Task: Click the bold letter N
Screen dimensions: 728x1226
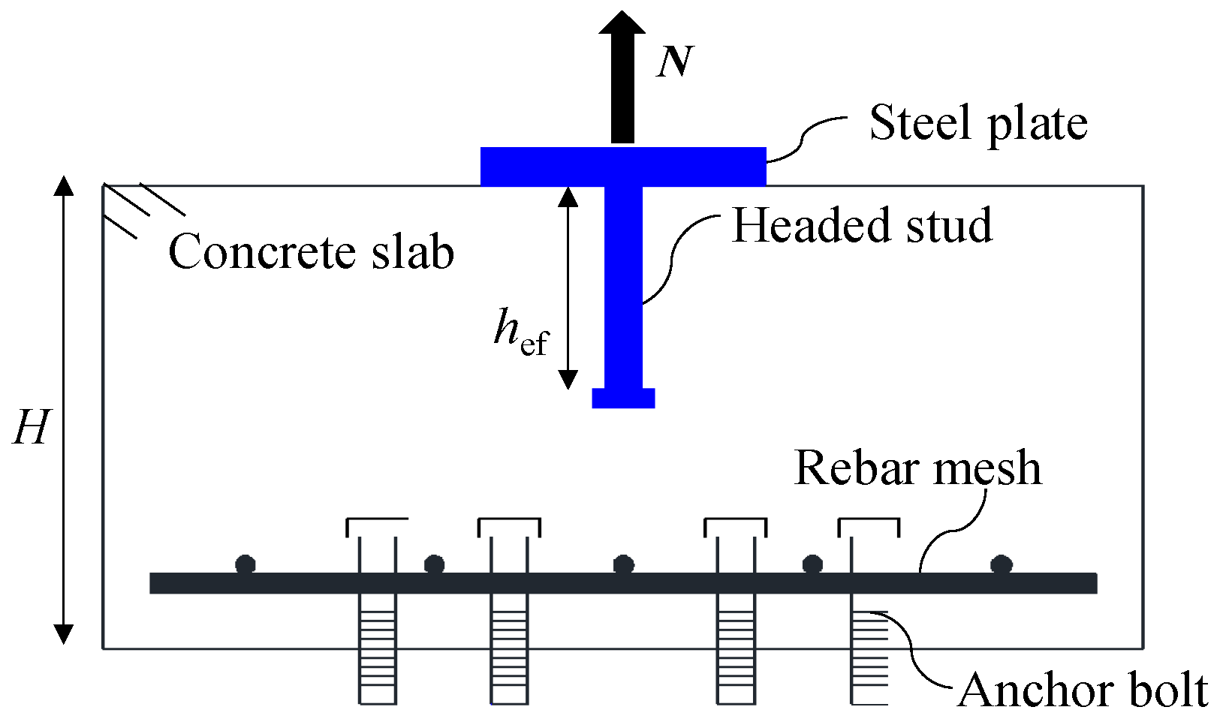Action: click(x=673, y=62)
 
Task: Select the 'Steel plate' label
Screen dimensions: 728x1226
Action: click(x=977, y=124)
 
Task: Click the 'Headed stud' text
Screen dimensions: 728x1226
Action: click(x=861, y=225)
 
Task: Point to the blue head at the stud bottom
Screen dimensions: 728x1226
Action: click(x=623, y=398)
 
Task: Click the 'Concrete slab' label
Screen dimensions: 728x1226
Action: click(x=311, y=251)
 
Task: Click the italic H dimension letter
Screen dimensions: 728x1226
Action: click(x=32, y=428)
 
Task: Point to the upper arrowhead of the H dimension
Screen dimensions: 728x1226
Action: click(x=64, y=186)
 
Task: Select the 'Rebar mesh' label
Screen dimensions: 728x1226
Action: click(x=917, y=468)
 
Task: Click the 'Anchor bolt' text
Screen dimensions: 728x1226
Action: click(x=1082, y=690)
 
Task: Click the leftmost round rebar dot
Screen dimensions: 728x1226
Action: click(x=246, y=564)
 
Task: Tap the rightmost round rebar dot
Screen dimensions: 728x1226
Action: click(x=1001, y=564)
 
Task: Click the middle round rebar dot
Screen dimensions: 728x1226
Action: click(x=623, y=564)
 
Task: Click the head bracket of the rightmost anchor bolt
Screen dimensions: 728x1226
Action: click(x=869, y=525)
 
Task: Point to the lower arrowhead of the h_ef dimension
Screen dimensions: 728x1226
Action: click(x=568, y=380)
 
